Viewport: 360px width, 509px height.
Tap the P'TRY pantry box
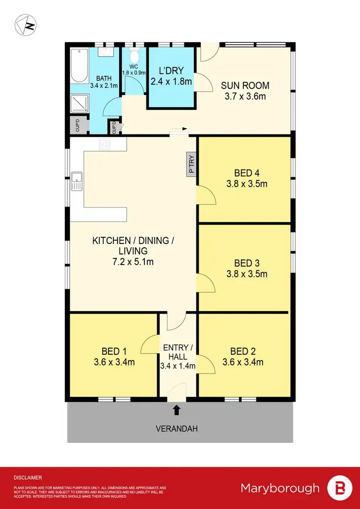click(191, 164)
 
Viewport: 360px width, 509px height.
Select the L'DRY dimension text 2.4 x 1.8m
click(171, 82)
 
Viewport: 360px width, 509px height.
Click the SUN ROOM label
click(245, 85)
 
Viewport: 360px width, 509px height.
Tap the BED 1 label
click(114, 351)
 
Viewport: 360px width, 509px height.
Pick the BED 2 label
click(243, 351)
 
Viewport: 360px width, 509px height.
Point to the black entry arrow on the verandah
click(177, 410)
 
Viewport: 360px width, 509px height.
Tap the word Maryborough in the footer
click(280, 488)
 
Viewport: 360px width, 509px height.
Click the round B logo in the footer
click(339, 488)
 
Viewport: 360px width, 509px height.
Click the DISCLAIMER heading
click(28, 478)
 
